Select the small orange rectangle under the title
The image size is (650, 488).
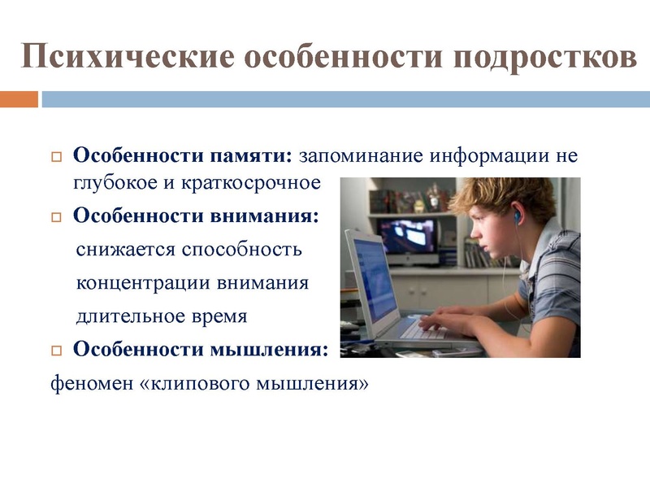[19, 99]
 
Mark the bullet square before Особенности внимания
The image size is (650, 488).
[56, 218]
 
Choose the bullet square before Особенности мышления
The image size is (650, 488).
[56, 351]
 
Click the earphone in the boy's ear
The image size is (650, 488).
[516, 217]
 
